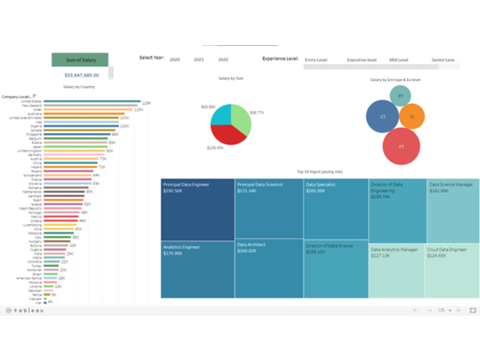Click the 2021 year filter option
coord(199,60)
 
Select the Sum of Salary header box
coord(81,60)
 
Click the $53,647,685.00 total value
coord(82,75)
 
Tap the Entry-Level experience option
coord(316,60)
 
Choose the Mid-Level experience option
coord(399,60)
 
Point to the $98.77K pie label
coord(257,112)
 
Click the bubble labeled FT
coord(401,147)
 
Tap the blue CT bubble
coord(383,117)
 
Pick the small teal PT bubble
coord(400,96)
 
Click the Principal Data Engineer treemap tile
coord(198,210)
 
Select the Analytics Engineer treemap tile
coord(198,269)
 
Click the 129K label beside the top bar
coord(146,103)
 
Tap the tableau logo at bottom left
coord(25,310)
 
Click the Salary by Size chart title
coord(230,78)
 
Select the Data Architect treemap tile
coord(269,268)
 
